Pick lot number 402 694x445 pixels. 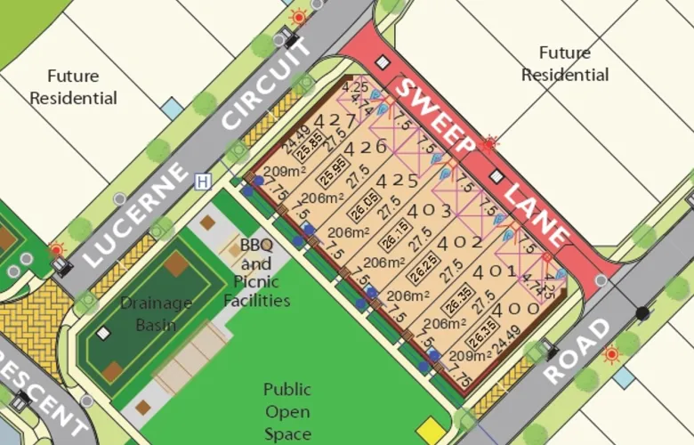point(461,242)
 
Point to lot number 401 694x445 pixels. point(490,272)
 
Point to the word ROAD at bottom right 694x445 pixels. point(577,352)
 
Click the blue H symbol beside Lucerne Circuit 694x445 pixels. point(203,182)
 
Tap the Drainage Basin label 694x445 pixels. point(157,313)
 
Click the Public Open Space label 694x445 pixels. point(286,412)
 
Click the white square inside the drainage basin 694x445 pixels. point(104,333)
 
